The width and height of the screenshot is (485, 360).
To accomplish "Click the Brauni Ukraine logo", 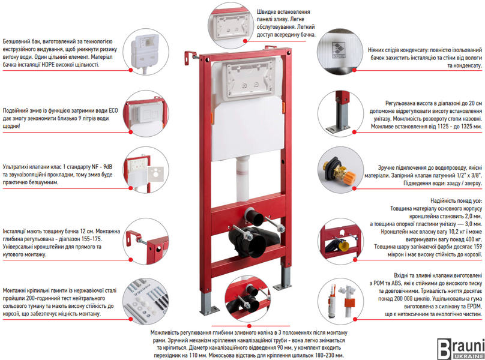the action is pos(460,349).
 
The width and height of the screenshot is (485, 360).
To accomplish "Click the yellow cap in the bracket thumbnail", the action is pos(343,246).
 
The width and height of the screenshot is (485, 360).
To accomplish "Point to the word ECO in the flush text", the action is pos(113,111).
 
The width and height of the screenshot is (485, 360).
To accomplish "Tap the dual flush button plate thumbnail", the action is pos(146,114).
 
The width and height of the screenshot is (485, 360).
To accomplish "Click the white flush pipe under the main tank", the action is pos(242,179).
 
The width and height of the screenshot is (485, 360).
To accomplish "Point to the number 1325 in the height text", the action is pos(463,127).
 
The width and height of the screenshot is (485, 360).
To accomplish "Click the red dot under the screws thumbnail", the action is pos(130,319).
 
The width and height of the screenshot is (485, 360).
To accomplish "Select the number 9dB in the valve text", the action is pos(107,167).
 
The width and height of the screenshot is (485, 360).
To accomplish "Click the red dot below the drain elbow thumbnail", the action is pos(249,326).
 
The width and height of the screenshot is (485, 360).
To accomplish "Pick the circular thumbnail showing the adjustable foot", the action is pos(340,114).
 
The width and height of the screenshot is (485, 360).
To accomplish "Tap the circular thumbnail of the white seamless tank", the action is pos(146,52).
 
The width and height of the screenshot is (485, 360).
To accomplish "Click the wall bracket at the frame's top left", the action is pos(190,57).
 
